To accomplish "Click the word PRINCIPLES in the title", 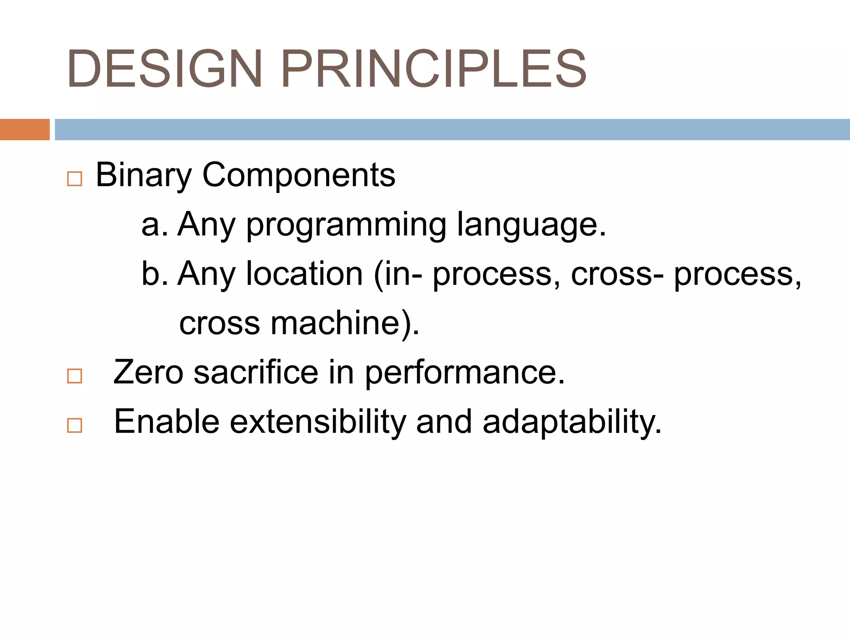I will point(433,69).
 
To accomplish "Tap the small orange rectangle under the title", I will point(24,129).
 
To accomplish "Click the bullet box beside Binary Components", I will point(75,179).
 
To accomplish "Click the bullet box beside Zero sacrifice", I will point(75,376).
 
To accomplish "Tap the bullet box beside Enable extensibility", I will point(75,425).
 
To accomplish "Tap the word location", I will point(305,274).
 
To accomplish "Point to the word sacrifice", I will point(256,372).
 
